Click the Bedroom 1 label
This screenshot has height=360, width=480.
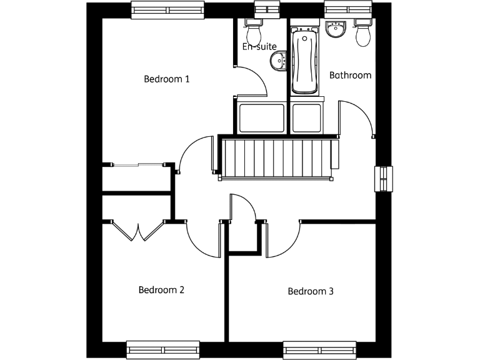pyautogui.click(x=166, y=79)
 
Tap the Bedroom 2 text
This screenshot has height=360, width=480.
pyautogui.click(x=161, y=290)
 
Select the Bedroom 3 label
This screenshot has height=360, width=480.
pyautogui.click(x=311, y=291)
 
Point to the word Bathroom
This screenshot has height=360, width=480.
pyautogui.click(x=350, y=76)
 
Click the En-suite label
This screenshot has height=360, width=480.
pyautogui.click(x=259, y=46)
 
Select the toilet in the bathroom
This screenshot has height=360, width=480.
pyautogui.click(x=363, y=33)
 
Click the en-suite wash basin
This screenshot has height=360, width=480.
pyautogui.click(x=278, y=61)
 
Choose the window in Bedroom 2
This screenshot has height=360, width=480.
pyautogui.click(x=162, y=349)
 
